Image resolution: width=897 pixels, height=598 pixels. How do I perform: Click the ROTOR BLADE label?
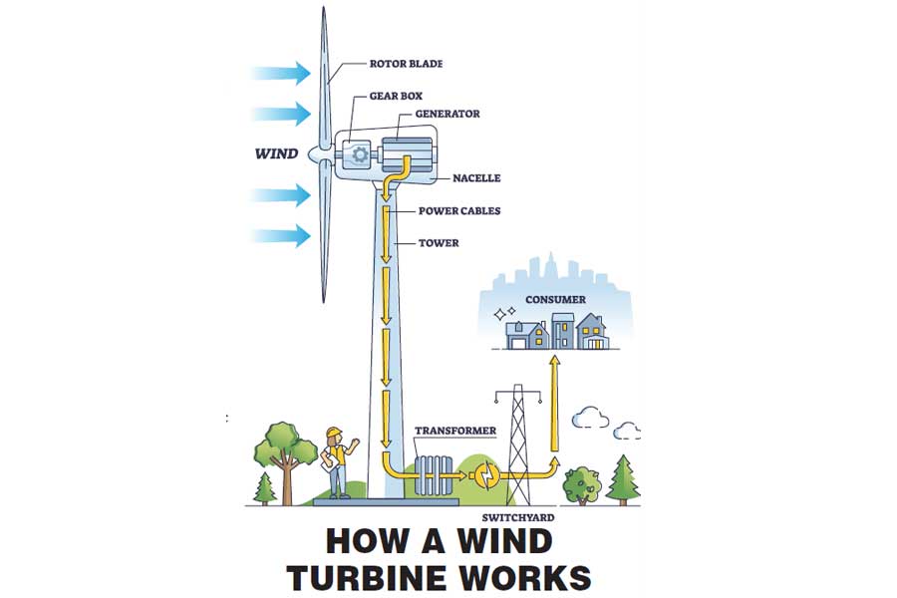[x=406, y=64]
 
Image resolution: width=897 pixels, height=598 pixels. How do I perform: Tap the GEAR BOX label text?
[x=396, y=96]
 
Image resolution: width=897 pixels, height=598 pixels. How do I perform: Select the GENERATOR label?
[x=448, y=114]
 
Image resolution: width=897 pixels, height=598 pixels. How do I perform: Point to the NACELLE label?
[x=476, y=178]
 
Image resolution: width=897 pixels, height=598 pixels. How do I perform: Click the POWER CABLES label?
[x=459, y=210]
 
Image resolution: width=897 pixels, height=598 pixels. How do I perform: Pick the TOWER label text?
[x=439, y=242]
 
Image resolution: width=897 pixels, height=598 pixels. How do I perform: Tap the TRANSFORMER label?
[x=455, y=431]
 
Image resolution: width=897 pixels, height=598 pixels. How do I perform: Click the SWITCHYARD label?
[x=517, y=517]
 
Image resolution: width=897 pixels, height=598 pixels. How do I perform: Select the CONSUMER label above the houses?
[x=555, y=299]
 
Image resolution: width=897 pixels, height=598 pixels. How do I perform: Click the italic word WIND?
[x=276, y=153]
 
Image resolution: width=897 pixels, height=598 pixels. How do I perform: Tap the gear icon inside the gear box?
[x=359, y=153]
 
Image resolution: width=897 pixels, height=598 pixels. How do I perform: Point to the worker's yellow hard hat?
[x=334, y=432]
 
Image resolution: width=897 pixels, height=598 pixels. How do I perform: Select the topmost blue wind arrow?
[x=281, y=73]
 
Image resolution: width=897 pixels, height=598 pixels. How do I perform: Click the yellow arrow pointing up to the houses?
[x=554, y=403]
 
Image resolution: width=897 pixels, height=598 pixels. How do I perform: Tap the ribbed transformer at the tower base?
[x=435, y=475]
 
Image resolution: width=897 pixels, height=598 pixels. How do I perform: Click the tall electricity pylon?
[x=517, y=445]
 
